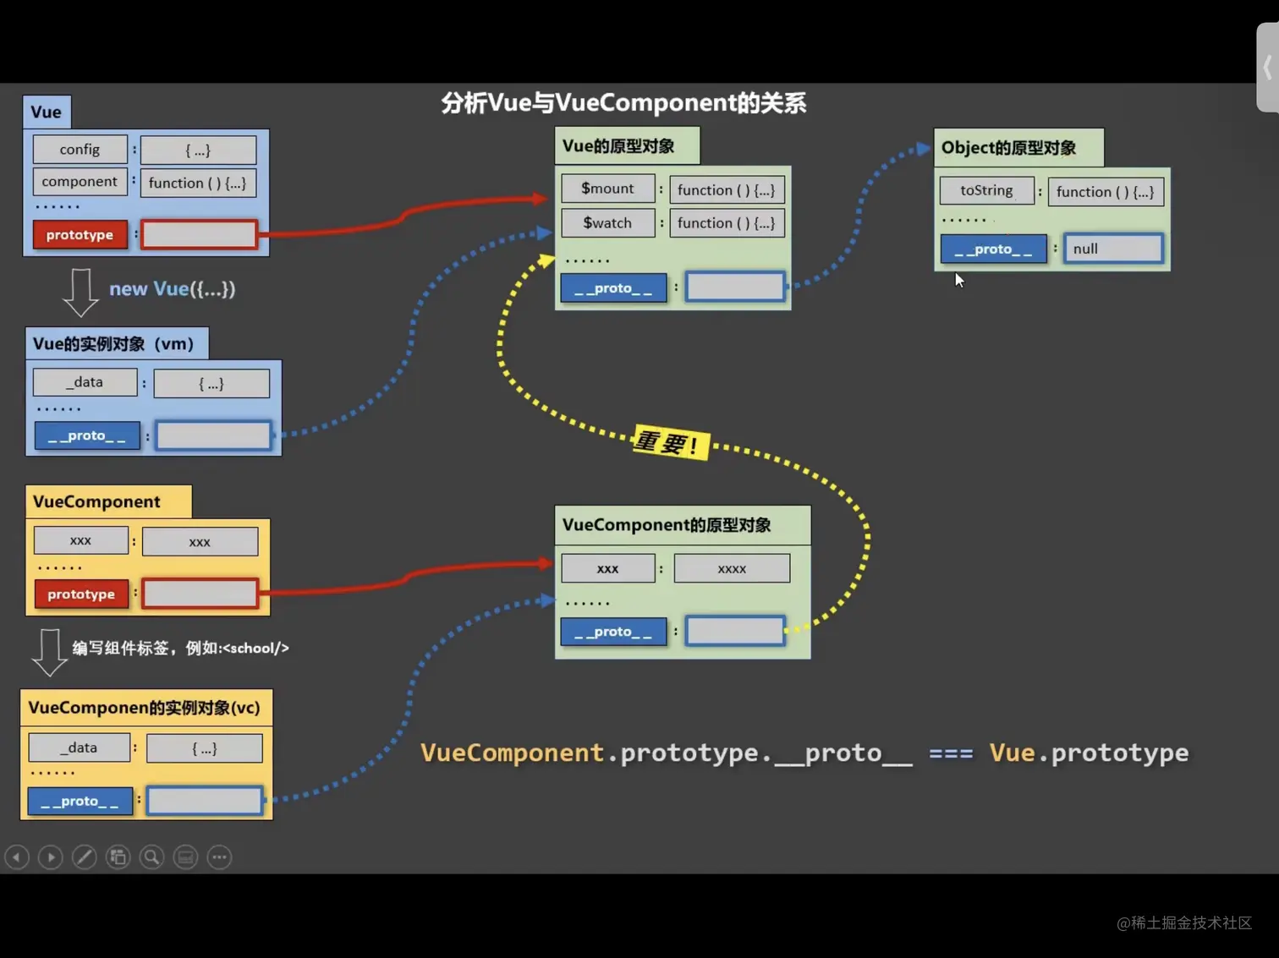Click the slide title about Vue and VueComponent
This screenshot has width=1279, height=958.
pyautogui.click(x=623, y=103)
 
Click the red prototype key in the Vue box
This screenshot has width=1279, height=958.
pyautogui.click(x=80, y=235)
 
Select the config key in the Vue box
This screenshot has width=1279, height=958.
pyautogui.click(x=80, y=150)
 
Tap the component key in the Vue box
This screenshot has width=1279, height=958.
pyautogui.click(x=80, y=182)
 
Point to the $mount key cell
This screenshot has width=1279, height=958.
pyautogui.click(x=607, y=189)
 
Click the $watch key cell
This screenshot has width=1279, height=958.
pyautogui.click(x=607, y=223)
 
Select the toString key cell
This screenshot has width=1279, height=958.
pyautogui.click(x=986, y=191)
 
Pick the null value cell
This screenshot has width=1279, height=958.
pyautogui.click(x=1113, y=249)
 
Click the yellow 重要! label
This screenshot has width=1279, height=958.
pyautogui.click(x=669, y=442)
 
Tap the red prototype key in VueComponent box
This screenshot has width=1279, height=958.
pyautogui.click(x=81, y=594)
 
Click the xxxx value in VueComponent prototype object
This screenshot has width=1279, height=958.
pyautogui.click(x=732, y=569)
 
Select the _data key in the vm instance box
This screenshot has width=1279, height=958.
pyautogui.click(x=85, y=382)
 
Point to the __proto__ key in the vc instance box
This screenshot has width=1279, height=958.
pyautogui.click(x=80, y=801)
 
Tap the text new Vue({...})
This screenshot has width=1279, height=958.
pyautogui.click(x=172, y=289)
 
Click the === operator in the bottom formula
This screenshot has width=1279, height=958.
pyautogui.click(x=951, y=753)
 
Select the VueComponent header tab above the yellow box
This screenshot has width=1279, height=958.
pyautogui.click(x=96, y=501)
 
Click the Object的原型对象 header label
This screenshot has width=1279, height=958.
pyautogui.click(x=1009, y=148)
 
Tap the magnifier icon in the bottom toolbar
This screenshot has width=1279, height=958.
pyautogui.click(x=151, y=857)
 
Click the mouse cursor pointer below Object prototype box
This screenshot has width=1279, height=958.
pyautogui.click(x=958, y=280)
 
